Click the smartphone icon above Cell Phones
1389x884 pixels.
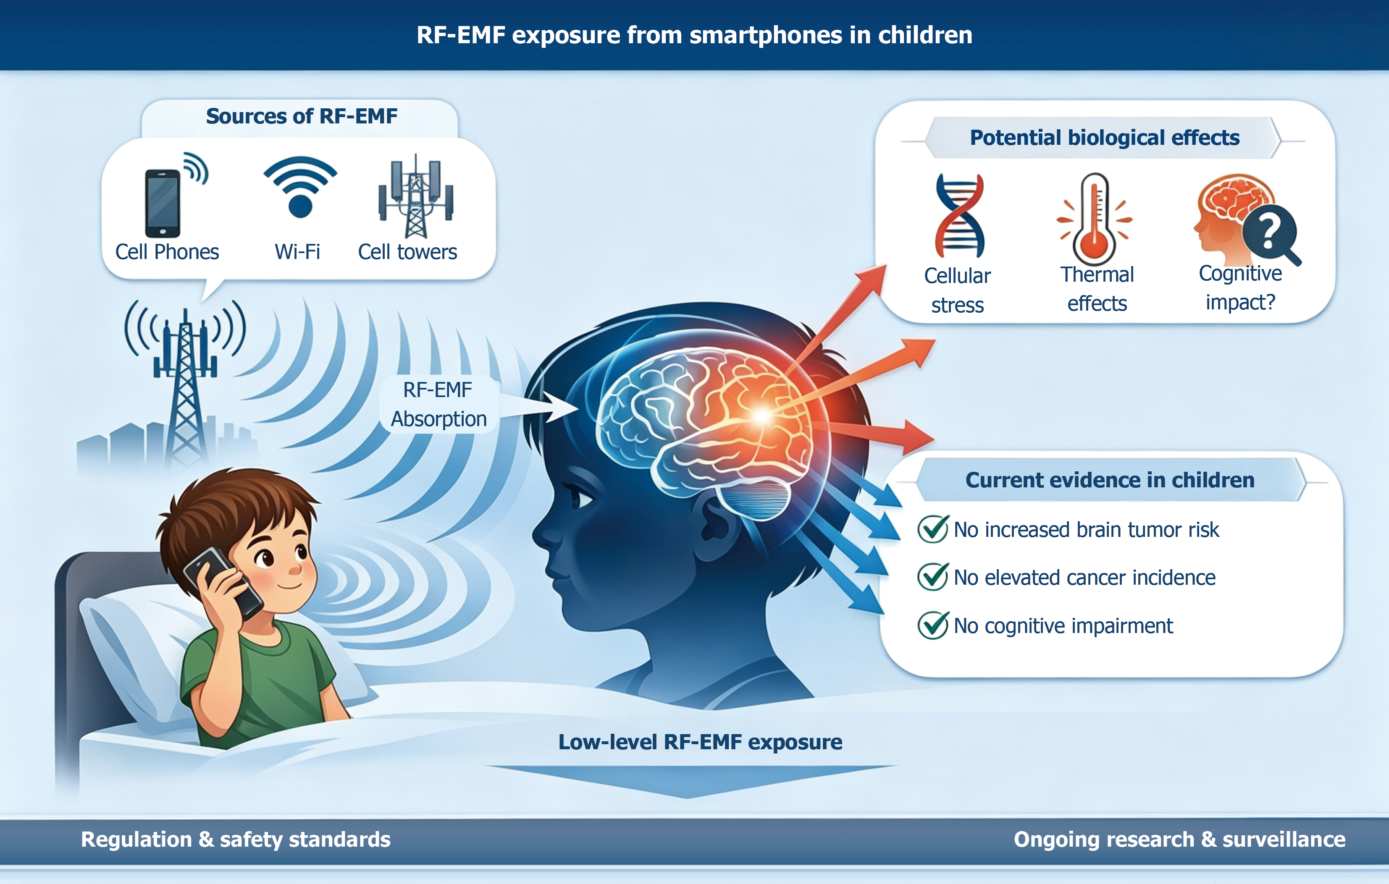point(163,203)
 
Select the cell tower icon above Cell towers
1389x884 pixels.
point(416,196)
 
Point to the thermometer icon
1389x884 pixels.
point(1094,219)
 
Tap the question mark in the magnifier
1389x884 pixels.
point(1268,231)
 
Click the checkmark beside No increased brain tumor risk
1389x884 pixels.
point(933,529)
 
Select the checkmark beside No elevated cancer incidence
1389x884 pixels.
point(933,577)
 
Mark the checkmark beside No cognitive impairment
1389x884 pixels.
point(933,625)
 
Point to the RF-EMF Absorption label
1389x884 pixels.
point(438,404)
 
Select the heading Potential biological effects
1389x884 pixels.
point(1105,138)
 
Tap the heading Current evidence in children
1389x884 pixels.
point(1110,480)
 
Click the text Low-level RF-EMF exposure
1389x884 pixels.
point(700,742)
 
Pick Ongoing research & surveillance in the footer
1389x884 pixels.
point(1179,840)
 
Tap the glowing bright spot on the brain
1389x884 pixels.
point(761,415)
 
